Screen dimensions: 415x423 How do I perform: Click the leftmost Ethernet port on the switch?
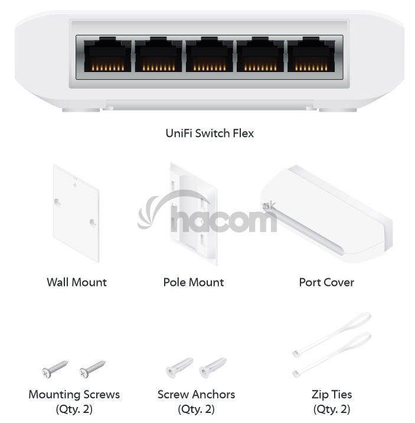click(x=107, y=54)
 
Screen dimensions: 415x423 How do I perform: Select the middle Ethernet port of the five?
click(x=210, y=54)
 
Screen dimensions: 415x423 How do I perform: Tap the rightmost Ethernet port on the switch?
click(x=311, y=54)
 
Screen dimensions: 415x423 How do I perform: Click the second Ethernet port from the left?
click(x=158, y=54)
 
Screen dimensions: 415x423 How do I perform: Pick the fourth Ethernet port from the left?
click(x=260, y=54)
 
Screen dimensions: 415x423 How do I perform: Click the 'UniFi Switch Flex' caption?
click(x=210, y=134)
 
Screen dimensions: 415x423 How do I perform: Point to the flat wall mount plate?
click(x=76, y=214)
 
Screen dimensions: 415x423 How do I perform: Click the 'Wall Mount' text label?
click(x=77, y=282)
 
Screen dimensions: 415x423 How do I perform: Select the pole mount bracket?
click(x=193, y=214)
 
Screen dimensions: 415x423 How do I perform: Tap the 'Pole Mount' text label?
click(x=194, y=282)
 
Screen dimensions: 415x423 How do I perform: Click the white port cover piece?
click(x=326, y=214)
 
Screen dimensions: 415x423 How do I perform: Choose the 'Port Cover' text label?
click(x=326, y=282)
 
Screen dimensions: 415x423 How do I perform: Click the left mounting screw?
click(x=55, y=369)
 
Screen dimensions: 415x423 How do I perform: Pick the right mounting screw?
click(x=93, y=369)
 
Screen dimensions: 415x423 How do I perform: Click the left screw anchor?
click(x=179, y=368)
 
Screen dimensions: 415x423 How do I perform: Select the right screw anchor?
click(x=213, y=368)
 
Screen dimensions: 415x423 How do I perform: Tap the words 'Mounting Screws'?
click(x=74, y=395)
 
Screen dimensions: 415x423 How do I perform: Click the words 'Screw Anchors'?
click(x=196, y=395)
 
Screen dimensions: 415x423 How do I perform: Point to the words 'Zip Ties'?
click(x=332, y=395)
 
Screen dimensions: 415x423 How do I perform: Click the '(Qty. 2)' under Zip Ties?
click(x=332, y=409)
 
